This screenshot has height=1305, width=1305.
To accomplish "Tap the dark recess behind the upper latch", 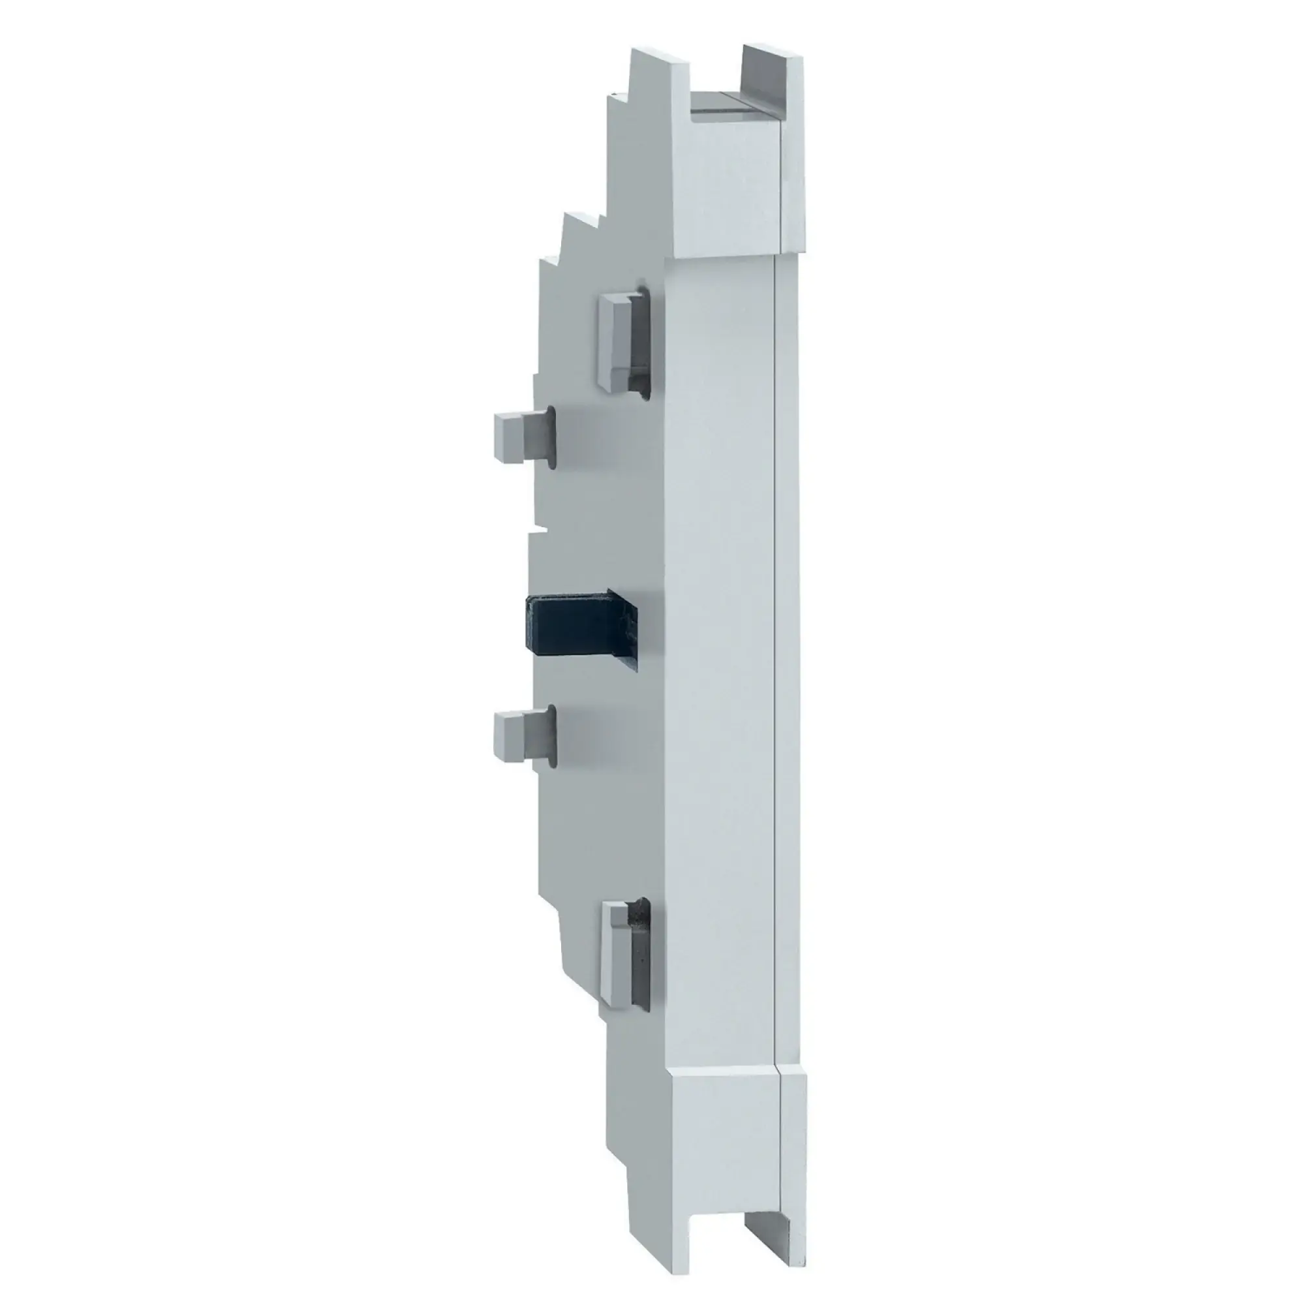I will (640, 345).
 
